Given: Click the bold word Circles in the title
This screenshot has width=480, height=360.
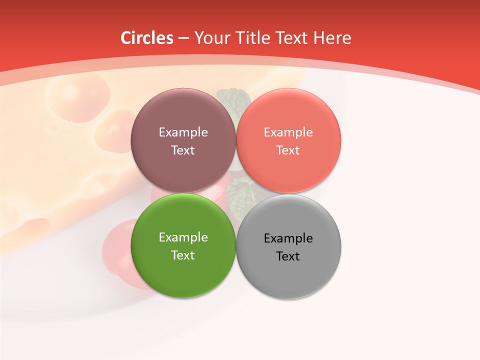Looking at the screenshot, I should (x=147, y=38).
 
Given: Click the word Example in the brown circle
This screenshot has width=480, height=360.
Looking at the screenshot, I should (x=183, y=132).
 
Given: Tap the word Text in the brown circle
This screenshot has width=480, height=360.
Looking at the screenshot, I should (x=183, y=150).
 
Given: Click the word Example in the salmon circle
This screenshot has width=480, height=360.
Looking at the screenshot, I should (x=288, y=132).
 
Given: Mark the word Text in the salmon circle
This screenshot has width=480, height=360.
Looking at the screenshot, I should (x=288, y=150).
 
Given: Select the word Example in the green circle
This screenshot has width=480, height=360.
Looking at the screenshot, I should (x=183, y=237).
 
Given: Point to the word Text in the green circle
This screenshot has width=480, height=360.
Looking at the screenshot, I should (x=183, y=255).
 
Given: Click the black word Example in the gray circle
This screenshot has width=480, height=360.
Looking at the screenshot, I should (x=288, y=238).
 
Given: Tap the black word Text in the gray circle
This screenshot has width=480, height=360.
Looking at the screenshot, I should (x=288, y=256).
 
